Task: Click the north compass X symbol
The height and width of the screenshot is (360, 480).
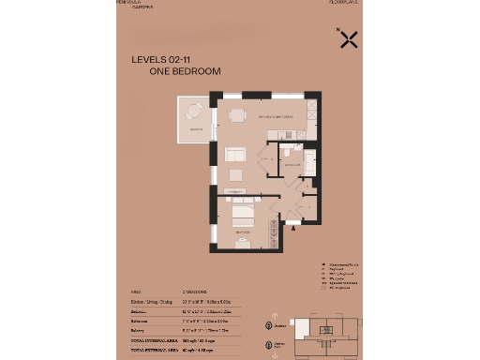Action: pyautogui.click(x=349, y=39)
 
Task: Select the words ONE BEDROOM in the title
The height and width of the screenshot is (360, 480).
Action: pyautogui.click(x=185, y=71)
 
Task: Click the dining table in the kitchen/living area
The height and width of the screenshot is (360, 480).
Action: pyautogui.click(x=237, y=115)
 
